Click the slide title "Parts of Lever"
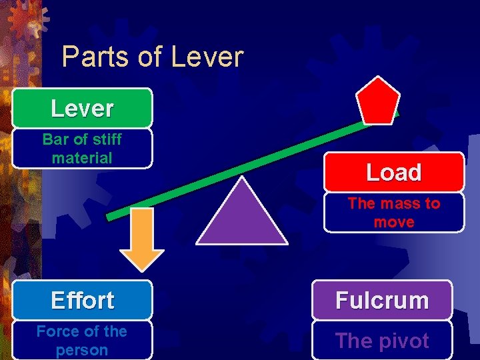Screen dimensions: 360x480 (152, 57)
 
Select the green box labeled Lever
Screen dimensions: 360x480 (82, 108)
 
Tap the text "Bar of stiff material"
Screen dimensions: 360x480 (82, 149)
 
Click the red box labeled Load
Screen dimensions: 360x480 (393, 172)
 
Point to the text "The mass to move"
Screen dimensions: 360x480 (393, 213)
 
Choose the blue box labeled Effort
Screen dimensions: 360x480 (82, 300)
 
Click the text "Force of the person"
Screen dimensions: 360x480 (82, 341)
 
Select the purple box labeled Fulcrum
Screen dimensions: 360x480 (382, 300)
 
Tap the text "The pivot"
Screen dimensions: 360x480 (382, 341)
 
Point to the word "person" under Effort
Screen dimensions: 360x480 (82, 350)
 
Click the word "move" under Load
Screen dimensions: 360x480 (393, 222)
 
